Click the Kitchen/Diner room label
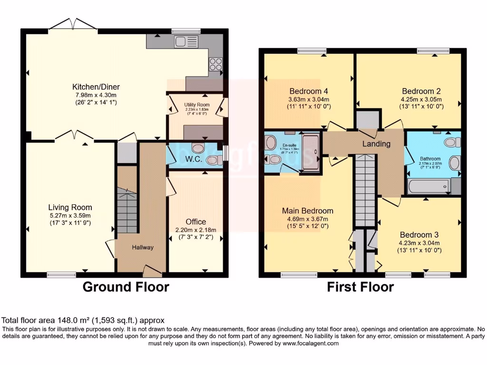[x=96, y=86]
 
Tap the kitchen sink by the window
[x=182, y=42]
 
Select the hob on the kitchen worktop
[x=215, y=64]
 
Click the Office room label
[x=195, y=221]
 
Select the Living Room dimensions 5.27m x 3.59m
[x=70, y=215]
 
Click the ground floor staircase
[x=127, y=209]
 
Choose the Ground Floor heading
[x=126, y=287]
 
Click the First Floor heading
[x=360, y=287]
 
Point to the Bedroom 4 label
[x=309, y=91]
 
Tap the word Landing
[x=376, y=144]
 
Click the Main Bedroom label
[x=307, y=211]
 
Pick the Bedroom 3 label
[x=419, y=235]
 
